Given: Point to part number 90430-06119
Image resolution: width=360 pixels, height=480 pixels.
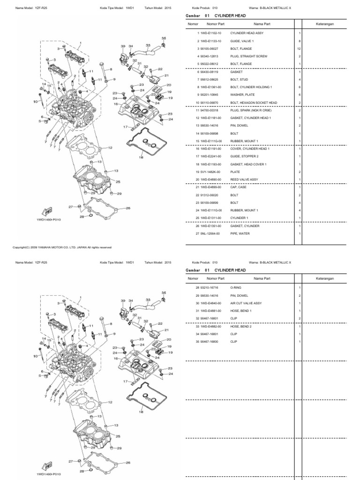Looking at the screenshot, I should [x=209, y=72].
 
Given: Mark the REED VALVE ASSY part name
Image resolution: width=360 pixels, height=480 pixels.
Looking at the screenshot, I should [x=244, y=180].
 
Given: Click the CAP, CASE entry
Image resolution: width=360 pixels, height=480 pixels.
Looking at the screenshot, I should [x=239, y=187].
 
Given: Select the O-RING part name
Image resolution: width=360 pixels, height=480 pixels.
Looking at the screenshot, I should [x=235, y=287].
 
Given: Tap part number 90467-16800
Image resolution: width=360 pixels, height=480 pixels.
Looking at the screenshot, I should [x=209, y=341].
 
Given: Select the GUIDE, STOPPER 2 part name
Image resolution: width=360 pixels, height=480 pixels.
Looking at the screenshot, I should [x=243, y=157].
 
